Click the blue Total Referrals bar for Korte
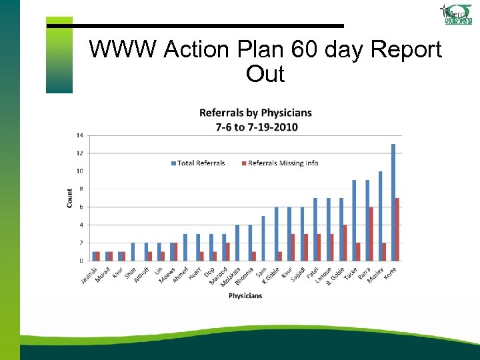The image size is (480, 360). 393,202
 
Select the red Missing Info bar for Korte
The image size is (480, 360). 397,229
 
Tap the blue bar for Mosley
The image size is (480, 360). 380,216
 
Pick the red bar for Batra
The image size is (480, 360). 371,234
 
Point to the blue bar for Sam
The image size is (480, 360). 263,238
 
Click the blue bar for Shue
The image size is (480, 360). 133,252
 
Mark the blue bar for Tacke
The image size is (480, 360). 354,220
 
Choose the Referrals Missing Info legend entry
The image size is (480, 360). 279,163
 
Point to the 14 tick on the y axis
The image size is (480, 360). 79,135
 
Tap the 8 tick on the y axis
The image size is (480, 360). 81,189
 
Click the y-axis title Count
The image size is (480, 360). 70,197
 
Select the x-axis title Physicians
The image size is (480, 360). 245,295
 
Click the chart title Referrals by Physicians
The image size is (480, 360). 246,113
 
